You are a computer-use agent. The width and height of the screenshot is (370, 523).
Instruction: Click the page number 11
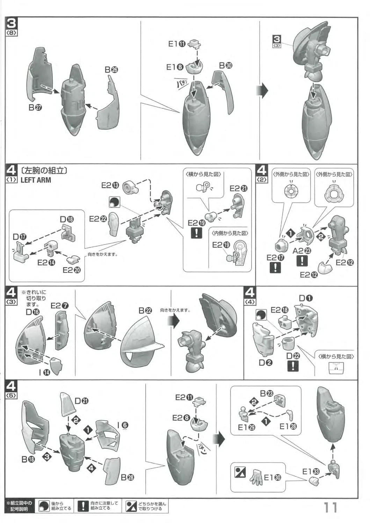330,507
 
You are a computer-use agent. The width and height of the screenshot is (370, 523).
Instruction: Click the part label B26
111,70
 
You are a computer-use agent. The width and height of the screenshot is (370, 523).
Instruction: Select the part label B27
35,108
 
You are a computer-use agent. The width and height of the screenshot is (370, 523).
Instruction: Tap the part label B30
226,66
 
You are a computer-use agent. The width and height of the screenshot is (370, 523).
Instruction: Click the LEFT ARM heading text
36,180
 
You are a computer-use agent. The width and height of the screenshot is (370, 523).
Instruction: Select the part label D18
67,219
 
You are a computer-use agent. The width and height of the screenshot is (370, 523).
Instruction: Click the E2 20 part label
72,270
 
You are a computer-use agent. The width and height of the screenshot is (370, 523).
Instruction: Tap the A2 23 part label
302,251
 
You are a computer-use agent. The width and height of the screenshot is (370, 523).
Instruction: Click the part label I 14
44,372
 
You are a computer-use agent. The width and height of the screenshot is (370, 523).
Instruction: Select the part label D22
293,356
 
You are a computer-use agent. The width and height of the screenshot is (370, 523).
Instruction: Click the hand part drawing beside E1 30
256,477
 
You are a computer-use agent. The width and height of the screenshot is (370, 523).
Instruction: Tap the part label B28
128,477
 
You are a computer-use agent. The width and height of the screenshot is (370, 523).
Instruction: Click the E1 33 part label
311,472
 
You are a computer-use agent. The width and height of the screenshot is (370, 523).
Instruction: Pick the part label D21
81,401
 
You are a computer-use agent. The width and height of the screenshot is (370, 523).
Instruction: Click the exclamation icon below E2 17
275,267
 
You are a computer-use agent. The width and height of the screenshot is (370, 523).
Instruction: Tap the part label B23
267,393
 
